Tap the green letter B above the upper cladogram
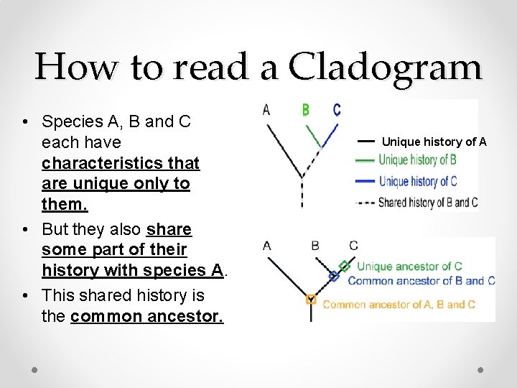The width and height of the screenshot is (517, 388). tap(306, 110)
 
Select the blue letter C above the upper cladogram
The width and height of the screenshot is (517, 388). tap(337, 110)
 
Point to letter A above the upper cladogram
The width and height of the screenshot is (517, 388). tap(267, 110)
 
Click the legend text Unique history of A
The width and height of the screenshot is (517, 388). tap(434, 142)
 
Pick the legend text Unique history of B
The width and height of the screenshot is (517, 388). tap(417, 160)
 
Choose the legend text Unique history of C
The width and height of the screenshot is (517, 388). tap(417, 181)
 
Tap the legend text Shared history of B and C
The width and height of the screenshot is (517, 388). tap(427, 202)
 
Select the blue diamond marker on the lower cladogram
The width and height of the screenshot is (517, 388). tap(333, 275)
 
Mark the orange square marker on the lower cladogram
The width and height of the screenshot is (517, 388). tap(311, 300)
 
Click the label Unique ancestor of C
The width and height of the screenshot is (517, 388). tap(409, 267)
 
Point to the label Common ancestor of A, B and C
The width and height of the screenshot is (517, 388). tap(399, 304)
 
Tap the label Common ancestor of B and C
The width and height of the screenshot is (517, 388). tap(421, 280)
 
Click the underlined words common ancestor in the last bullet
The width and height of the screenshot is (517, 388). tap(147, 316)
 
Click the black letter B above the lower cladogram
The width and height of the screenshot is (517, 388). tap(315, 246)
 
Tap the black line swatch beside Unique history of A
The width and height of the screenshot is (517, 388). tap(365, 142)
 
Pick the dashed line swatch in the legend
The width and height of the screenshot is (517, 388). tap(365, 203)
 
